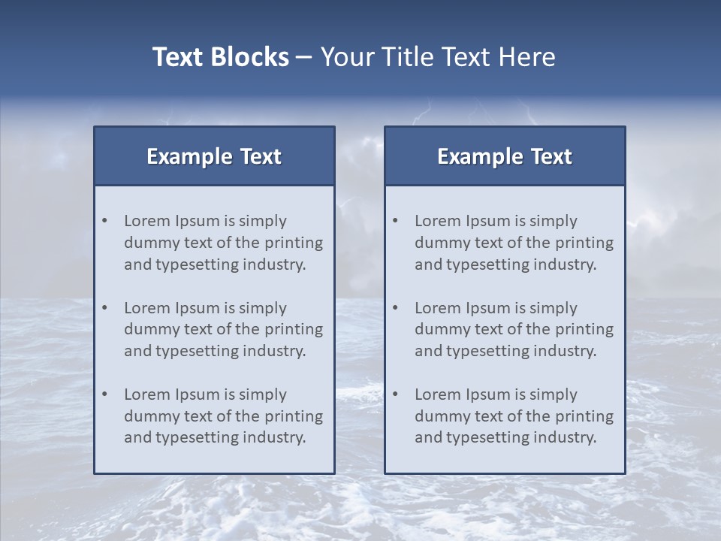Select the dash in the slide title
point(304,58)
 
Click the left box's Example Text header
point(214,156)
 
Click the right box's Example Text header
point(505,156)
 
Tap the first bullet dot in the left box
point(105,221)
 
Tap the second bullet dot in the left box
point(105,308)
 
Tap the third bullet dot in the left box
point(105,394)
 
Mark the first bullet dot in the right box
point(396,221)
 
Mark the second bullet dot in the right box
point(396,308)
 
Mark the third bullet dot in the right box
point(396,394)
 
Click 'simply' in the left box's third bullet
point(263,394)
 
